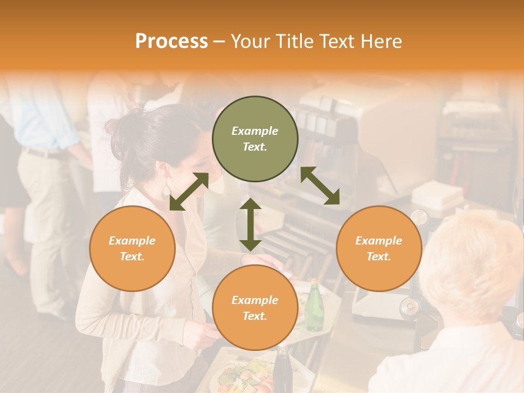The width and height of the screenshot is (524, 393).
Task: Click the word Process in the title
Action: point(171,41)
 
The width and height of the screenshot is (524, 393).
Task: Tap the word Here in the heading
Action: point(382,41)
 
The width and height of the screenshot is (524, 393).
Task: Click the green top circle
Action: point(255,139)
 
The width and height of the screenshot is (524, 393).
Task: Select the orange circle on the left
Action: point(132,248)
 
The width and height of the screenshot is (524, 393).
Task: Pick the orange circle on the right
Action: point(379,248)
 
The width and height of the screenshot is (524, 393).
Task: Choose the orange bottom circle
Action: point(255,308)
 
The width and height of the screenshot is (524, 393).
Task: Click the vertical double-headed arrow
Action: point(251,224)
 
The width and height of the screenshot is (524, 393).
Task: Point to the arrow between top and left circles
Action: point(189,191)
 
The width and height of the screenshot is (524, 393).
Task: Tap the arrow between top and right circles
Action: point(320,186)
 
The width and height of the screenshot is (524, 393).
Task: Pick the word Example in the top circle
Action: point(255,131)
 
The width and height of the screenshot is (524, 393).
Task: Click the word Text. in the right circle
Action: point(379,257)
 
